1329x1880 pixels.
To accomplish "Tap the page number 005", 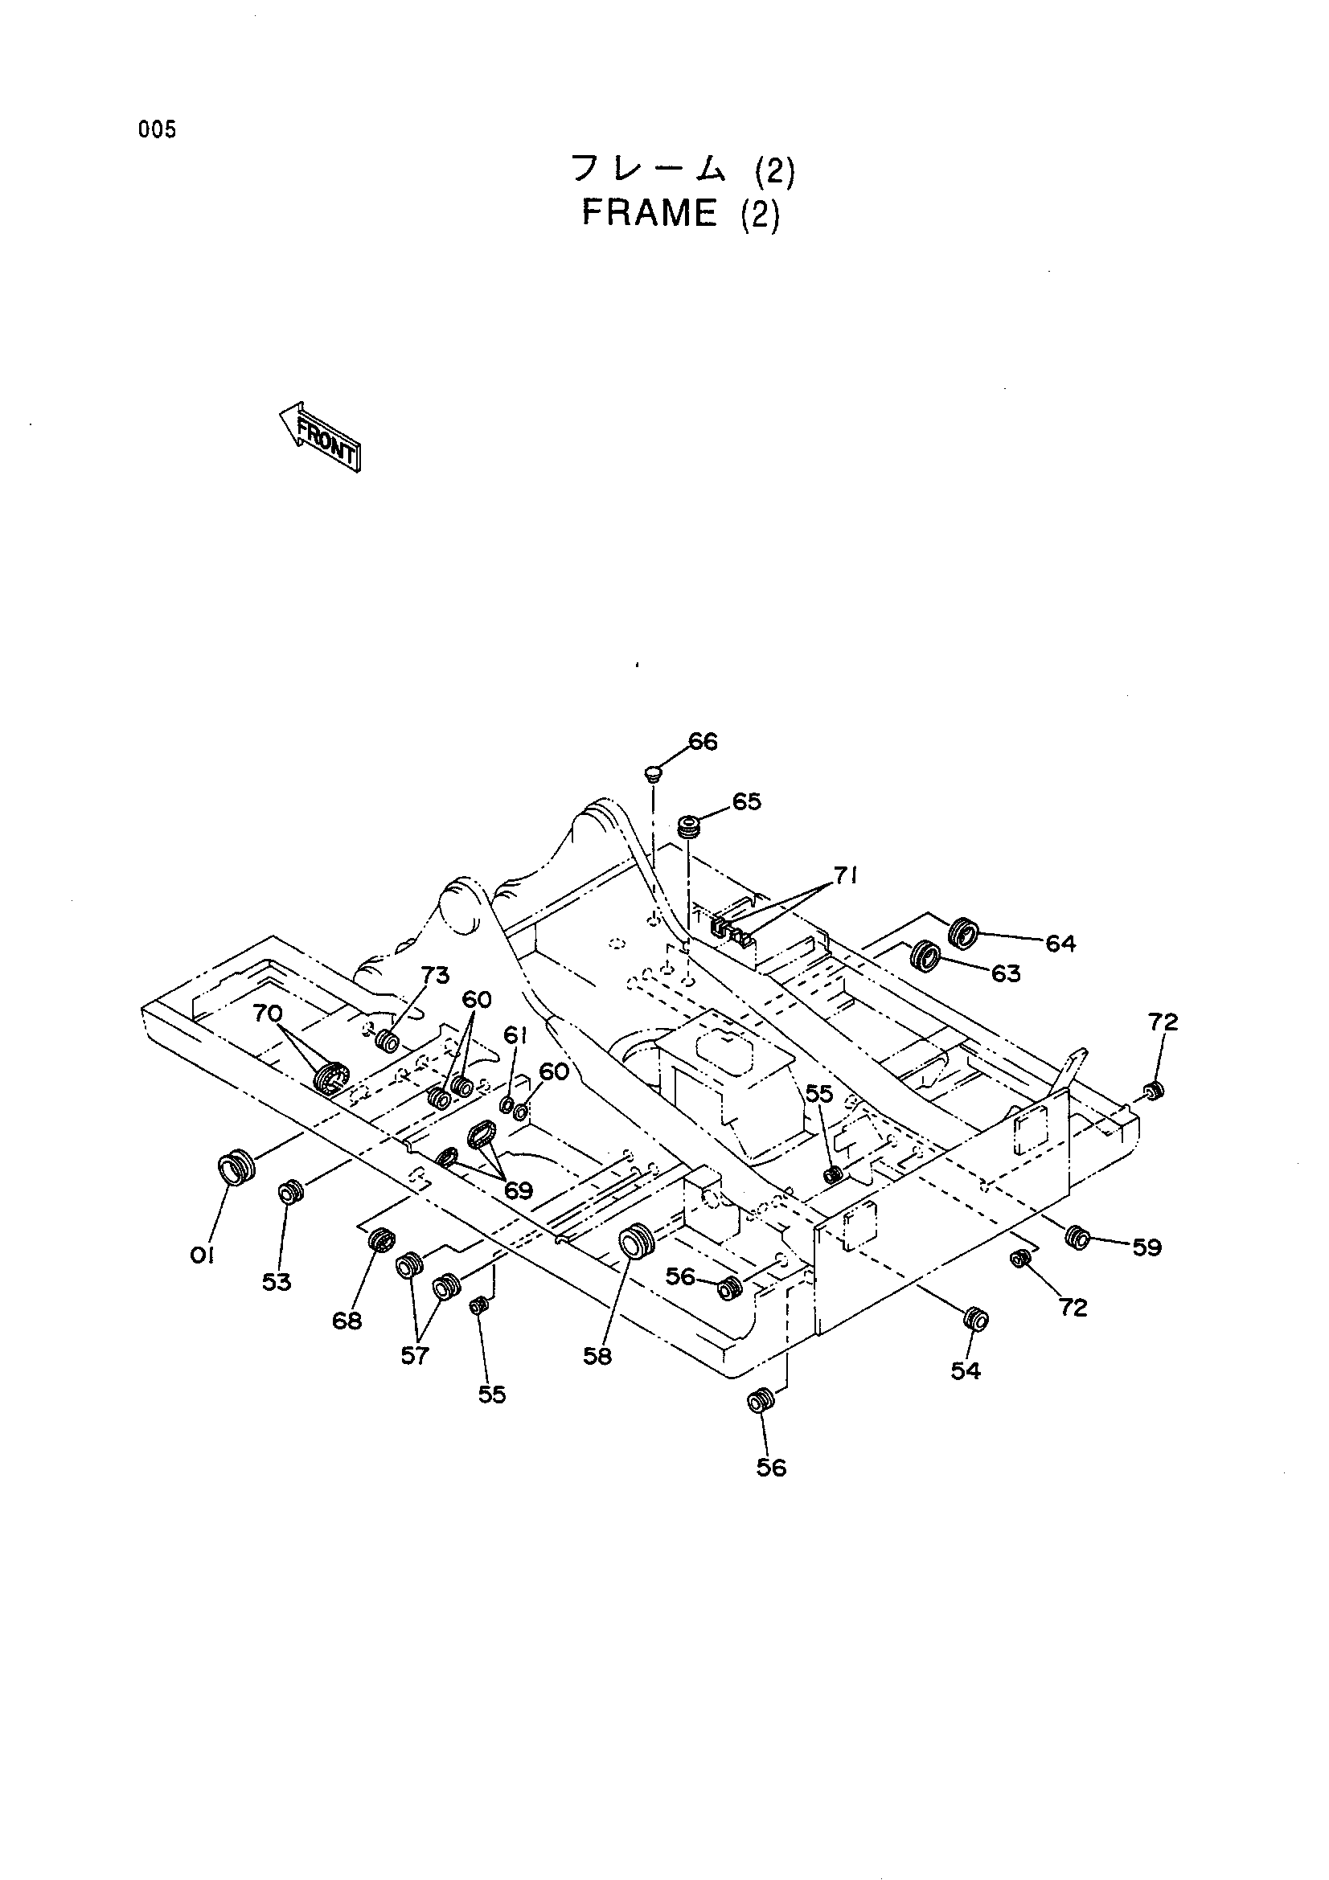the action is point(158,129).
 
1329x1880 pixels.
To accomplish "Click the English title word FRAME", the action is point(650,215).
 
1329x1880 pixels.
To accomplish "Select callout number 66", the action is point(703,742).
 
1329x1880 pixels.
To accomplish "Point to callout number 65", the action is point(746,801).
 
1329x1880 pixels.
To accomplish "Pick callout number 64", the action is point(1060,944).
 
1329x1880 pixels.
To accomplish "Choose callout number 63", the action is point(1006,973).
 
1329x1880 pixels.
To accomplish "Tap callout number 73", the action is point(436,975).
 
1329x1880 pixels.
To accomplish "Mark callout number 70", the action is point(268,1014).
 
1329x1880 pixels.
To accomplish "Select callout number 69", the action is point(519,1190).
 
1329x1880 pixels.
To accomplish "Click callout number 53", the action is point(277,1282).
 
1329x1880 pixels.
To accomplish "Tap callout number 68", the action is point(347,1321).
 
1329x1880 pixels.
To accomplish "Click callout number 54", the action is point(966,1370).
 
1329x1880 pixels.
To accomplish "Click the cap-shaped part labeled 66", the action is point(653,772).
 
